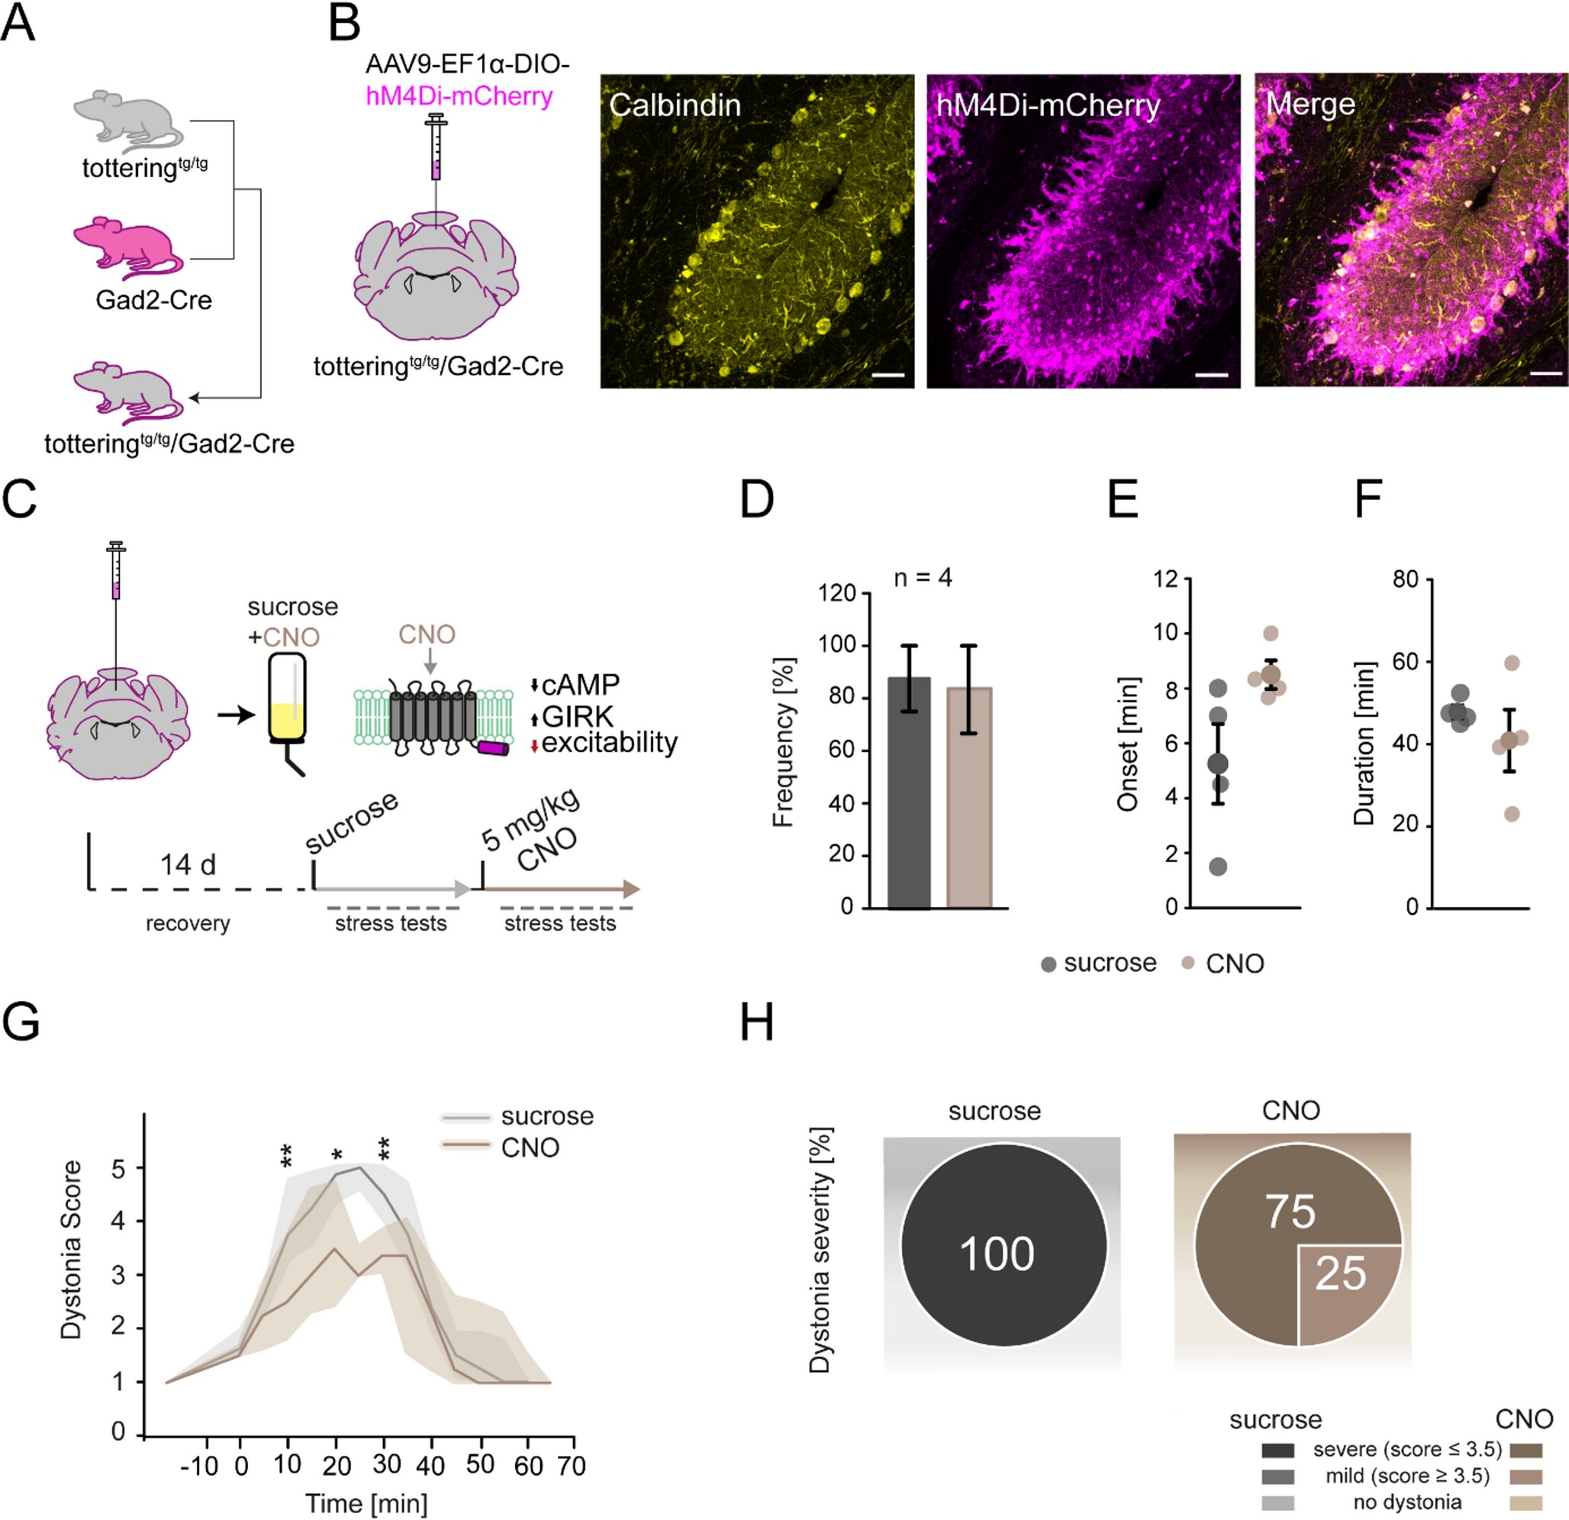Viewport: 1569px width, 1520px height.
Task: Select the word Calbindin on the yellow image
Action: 675,105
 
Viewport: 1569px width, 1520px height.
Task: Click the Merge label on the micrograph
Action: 1310,104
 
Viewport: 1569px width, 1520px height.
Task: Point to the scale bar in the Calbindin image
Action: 893,374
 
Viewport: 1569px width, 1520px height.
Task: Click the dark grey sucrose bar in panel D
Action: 910,793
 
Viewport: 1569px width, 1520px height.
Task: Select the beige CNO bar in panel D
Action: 968,798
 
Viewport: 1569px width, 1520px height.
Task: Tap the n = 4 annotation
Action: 923,577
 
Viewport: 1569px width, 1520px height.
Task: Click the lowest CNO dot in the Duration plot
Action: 1511,815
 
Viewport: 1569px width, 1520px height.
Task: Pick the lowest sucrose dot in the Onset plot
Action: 1217,866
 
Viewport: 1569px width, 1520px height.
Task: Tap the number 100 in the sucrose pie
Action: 997,1254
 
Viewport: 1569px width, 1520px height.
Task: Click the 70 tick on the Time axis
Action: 572,1467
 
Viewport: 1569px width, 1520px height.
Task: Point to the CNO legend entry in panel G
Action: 529,1147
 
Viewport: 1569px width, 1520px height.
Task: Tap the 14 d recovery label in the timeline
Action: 188,865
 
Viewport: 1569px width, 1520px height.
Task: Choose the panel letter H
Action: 756,1022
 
